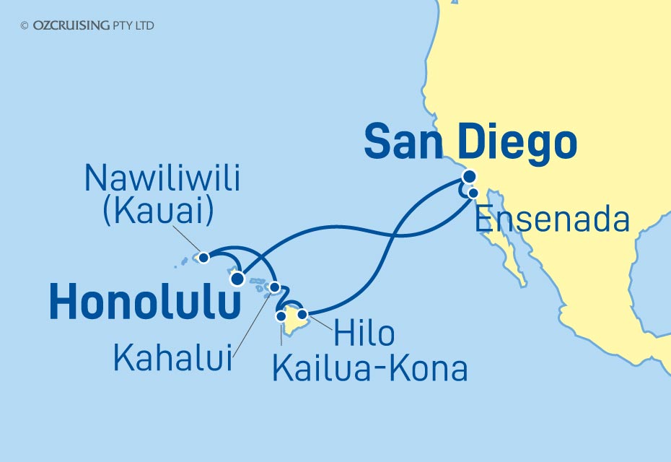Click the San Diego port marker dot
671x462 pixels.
click(x=470, y=176)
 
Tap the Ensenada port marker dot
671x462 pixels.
click(x=473, y=193)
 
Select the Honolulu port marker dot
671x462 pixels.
click(x=237, y=279)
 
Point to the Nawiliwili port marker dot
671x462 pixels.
click(x=204, y=257)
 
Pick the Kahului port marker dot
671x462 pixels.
click(x=275, y=287)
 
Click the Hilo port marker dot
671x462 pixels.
click(x=303, y=314)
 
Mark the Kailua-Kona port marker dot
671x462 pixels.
click(x=281, y=315)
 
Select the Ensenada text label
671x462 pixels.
click(x=553, y=220)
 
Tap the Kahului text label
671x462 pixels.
click(x=174, y=358)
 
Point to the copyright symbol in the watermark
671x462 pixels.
click(x=25, y=26)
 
